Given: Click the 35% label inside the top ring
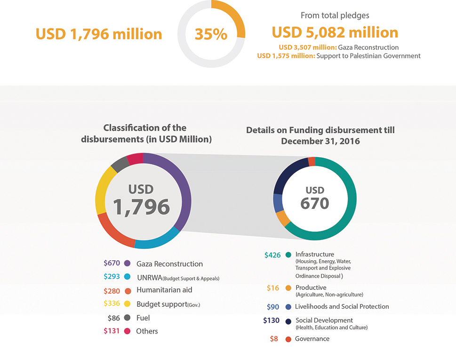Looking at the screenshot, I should coord(211,34).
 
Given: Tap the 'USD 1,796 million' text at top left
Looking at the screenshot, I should coord(99,34).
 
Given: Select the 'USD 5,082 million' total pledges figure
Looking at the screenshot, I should coord(335,32).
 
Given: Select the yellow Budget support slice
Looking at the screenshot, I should coord(101,193).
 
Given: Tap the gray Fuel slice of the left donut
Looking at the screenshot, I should coord(120,163).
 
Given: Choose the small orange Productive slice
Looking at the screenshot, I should coord(283,218).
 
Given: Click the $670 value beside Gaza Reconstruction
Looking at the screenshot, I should coord(112,264).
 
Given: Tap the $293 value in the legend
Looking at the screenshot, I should coord(112,277).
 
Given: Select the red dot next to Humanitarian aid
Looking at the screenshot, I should coord(127,290).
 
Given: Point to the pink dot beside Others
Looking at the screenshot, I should coord(127,331).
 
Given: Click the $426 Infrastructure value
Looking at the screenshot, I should coord(272,255).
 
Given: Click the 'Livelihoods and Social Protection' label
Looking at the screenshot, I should coord(342,307).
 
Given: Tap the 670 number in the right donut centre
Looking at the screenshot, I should coord(315,203).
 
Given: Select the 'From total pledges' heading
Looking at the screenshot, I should coord(335,16).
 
